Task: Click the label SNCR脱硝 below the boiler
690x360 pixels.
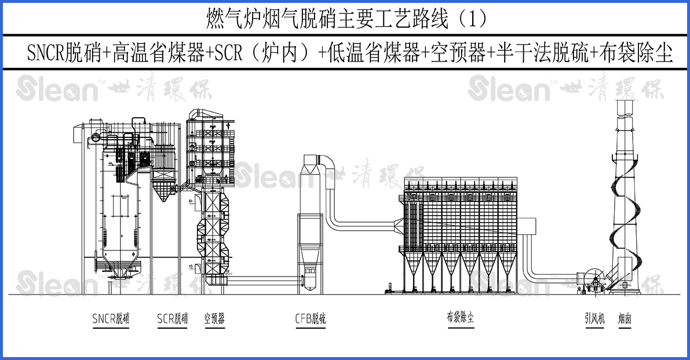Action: click(x=111, y=319)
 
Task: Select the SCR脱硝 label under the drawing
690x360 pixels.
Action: click(x=172, y=319)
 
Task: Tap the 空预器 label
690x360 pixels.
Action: click(x=214, y=319)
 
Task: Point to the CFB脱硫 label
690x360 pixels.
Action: click(x=311, y=319)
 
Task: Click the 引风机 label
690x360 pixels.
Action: click(x=594, y=318)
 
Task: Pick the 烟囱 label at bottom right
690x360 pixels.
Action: click(x=624, y=318)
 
